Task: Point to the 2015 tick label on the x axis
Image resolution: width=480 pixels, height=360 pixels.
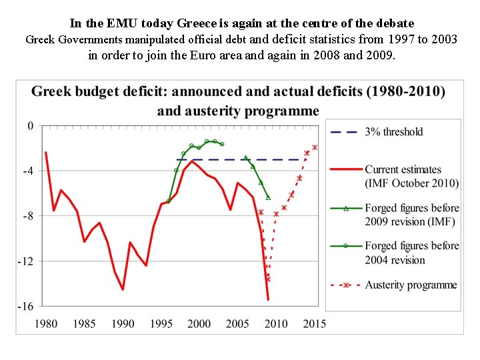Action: [x=315, y=324]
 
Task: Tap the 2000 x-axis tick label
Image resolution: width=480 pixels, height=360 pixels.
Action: [x=199, y=324]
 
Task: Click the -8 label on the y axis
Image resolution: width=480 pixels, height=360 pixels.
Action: [x=28, y=216]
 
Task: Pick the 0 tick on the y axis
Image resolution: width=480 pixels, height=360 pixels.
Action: [x=30, y=125]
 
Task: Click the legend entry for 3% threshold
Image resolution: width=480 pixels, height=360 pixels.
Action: [x=393, y=132]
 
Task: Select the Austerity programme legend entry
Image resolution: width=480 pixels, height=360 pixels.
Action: [x=411, y=285]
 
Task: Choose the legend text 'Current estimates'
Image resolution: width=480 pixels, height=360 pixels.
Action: [x=403, y=170]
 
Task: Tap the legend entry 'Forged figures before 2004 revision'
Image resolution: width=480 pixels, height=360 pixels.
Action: [x=411, y=253]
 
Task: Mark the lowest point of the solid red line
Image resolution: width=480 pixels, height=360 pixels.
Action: [x=268, y=299]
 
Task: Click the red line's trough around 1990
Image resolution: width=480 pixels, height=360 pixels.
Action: [x=123, y=289]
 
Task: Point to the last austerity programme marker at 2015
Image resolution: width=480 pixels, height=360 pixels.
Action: [x=315, y=147]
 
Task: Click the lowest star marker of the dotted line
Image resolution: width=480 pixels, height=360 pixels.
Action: [x=269, y=279]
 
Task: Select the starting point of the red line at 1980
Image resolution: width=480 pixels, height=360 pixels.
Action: [x=46, y=153]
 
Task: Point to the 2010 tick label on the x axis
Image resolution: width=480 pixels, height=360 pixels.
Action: [x=276, y=324]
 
